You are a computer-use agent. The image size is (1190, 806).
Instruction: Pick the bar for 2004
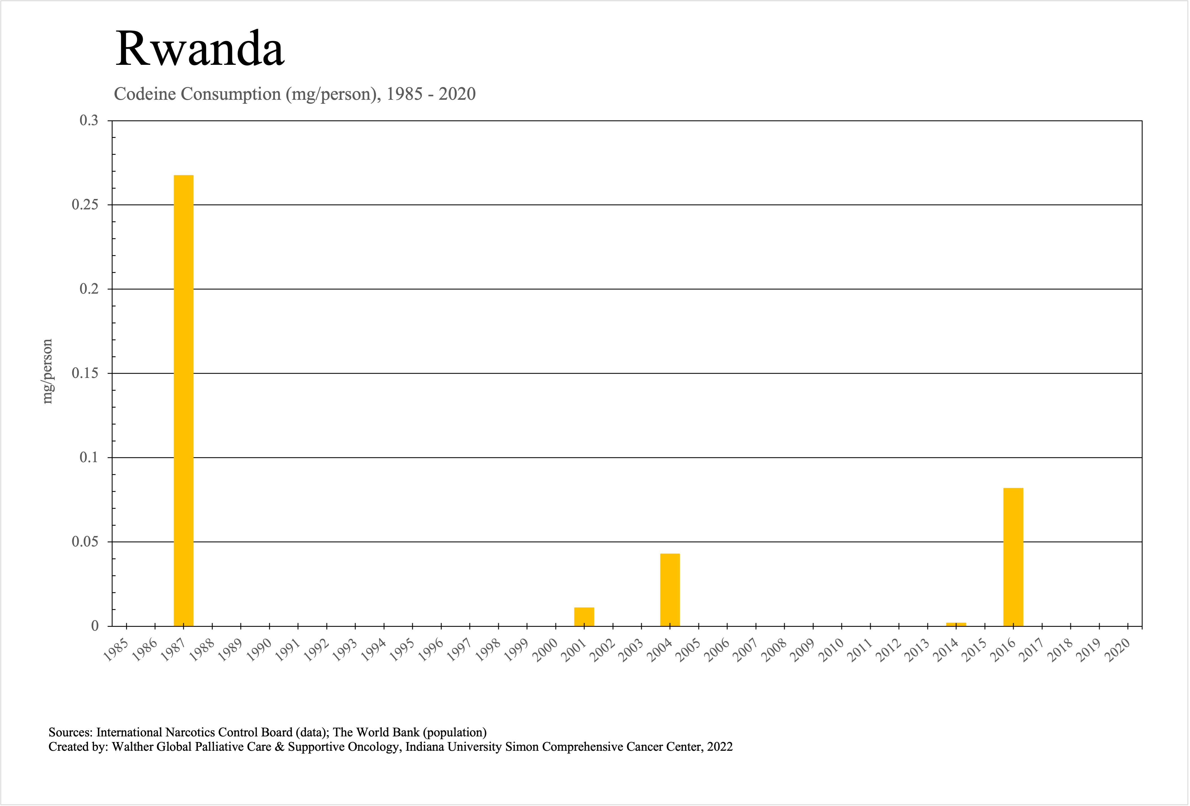tap(670, 590)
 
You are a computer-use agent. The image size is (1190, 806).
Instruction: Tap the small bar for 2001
tap(584, 617)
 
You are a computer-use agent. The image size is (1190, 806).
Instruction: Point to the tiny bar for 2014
tap(956, 624)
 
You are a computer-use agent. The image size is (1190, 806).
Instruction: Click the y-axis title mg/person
tap(47, 371)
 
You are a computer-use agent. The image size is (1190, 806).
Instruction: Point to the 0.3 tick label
tap(89, 121)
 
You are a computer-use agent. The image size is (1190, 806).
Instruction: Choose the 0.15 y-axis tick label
tap(85, 373)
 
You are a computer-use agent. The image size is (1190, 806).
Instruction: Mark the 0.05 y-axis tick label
tap(85, 541)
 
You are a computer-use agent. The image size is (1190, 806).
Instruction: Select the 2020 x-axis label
tap(1118, 650)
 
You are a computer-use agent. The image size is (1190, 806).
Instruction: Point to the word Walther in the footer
tap(132, 747)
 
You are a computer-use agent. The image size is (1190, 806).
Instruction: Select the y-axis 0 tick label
tap(95, 626)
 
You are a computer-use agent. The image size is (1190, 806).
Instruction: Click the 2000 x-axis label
tap(545, 650)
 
